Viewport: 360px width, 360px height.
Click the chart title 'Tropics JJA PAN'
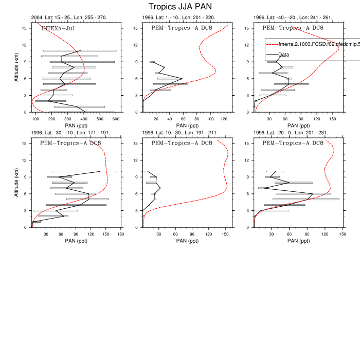coord(179,7)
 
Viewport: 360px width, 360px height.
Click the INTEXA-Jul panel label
coord(58,28)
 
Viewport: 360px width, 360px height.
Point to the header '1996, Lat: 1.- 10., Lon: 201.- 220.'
coord(178,17)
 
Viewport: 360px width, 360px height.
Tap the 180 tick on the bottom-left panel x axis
coord(120,235)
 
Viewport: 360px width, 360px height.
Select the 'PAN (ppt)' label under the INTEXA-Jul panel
coord(75,125)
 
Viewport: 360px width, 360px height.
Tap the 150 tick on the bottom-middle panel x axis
coord(225,235)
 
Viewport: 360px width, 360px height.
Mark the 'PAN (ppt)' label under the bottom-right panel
coord(293,241)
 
